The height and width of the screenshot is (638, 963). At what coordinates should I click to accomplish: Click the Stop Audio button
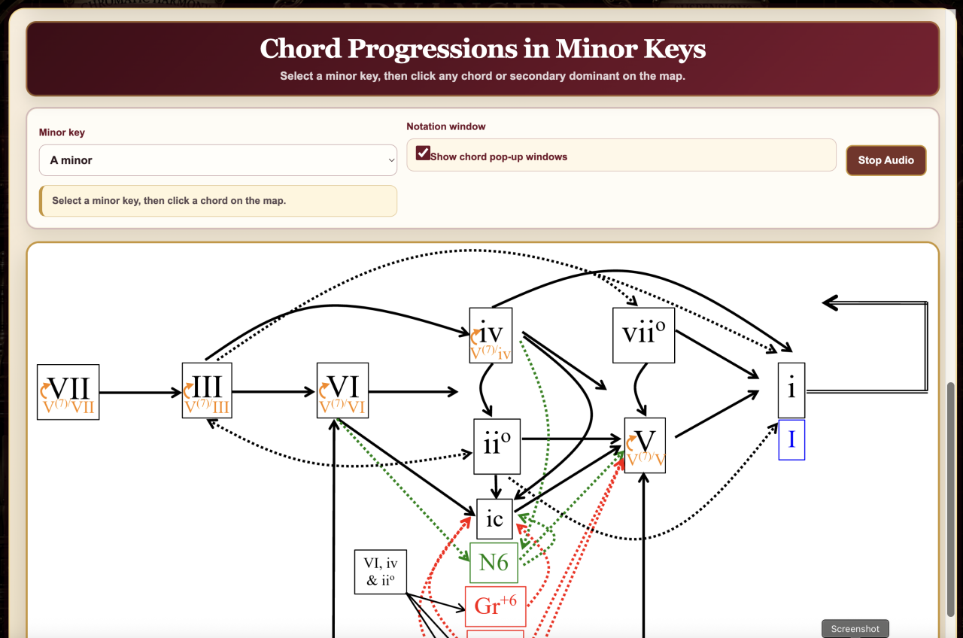point(886,160)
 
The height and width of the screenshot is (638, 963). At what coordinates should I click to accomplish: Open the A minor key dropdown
point(217,160)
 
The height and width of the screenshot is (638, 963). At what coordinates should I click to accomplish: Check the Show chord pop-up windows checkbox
point(423,153)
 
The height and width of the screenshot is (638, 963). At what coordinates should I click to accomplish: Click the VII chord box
point(68,392)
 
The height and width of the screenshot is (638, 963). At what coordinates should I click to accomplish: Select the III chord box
point(207,390)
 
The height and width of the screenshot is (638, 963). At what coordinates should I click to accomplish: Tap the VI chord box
point(342,390)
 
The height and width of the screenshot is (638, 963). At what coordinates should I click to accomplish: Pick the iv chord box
point(491,336)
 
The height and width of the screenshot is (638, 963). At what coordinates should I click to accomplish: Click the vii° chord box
point(643,336)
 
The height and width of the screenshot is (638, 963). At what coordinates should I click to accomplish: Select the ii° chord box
point(497,446)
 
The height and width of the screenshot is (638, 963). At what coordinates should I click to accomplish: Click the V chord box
point(645,445)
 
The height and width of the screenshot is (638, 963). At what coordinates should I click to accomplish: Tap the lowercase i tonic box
point(791,390)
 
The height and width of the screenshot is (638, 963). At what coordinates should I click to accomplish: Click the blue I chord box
point(791,440)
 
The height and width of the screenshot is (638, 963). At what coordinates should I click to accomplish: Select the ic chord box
point(494,519)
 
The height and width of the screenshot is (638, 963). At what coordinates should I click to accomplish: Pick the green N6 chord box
point(494,563)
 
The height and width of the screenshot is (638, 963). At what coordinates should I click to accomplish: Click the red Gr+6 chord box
point(495,606)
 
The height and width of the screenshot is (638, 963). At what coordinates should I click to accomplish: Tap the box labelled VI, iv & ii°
point(381,572)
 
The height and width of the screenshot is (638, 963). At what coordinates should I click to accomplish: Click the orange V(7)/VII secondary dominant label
point(68,406)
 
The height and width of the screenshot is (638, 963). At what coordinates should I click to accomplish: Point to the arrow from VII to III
point(141,393)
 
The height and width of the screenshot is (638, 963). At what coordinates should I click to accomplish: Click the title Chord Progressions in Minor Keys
point(482,49)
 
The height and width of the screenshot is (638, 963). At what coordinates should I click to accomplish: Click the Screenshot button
point(855,628)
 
